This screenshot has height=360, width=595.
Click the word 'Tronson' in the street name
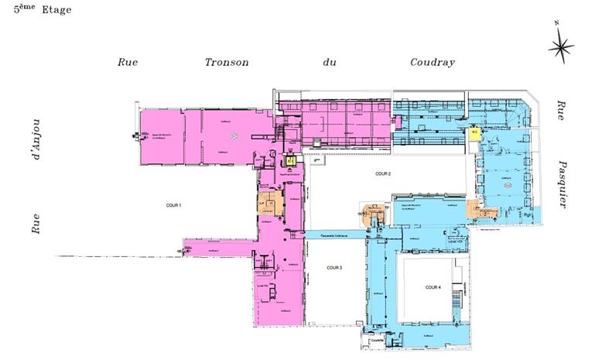tap(227, 63)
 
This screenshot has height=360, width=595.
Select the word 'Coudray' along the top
tap(433, 63)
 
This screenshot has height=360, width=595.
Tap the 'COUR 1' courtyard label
tap(174, 205)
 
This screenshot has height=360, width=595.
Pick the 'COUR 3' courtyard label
tap(334, 268)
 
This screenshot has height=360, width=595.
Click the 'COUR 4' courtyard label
tap(433, 287)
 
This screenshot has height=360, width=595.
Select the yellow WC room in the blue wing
tap(474, 132)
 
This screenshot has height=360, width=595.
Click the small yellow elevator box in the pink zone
tap(290, 160)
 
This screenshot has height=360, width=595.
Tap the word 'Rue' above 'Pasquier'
tap(560, 111)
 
